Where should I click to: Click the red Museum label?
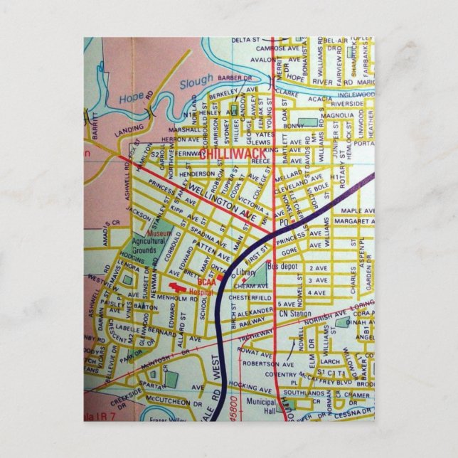159,233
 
